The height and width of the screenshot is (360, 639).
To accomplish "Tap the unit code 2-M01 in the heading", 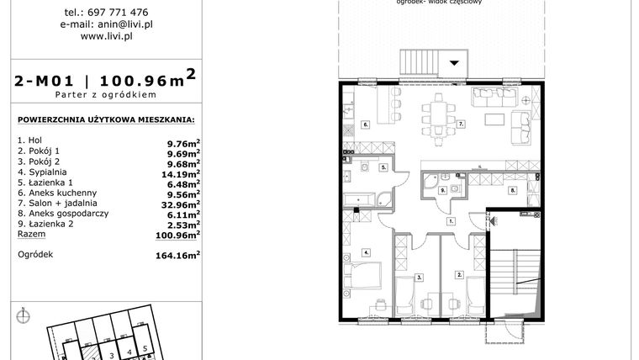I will pyautogui.click(x=45, y=82).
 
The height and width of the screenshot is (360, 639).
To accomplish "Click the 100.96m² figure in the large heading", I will pyautogui.click(x=149, y=81).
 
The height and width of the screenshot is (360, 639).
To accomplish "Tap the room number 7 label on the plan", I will pyautogui.click(x=461, y=124).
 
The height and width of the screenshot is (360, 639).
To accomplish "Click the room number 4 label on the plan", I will pyautogui.click(x=366, y=252).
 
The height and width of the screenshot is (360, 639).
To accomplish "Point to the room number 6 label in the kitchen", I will pyautogui.click(x=365, y=124).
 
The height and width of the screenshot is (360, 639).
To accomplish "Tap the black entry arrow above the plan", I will pyautogui.click(x=456, y=61).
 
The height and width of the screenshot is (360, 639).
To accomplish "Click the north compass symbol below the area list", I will pyautogui.click(x=23, y=315).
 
